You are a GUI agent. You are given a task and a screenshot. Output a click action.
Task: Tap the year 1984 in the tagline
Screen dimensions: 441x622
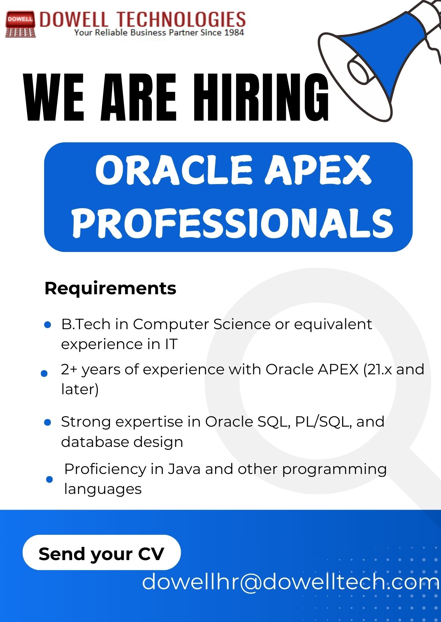tap(234, 33)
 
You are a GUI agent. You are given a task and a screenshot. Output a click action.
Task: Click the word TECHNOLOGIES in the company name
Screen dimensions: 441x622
tap(181, 19)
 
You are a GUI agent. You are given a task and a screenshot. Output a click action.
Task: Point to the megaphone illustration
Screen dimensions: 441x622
tap(381, 60)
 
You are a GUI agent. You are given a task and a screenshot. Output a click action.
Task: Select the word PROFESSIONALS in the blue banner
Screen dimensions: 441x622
tap(233, 223)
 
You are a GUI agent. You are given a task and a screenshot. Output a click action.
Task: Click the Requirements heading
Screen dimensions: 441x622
tap(110, 288)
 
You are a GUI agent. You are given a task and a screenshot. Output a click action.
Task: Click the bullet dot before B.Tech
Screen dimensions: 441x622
tap(48, 325)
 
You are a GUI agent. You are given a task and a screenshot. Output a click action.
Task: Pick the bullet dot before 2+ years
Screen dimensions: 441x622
tap(44, 373)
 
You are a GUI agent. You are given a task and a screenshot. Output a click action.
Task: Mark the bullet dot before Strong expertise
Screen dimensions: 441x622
tap(47, 422)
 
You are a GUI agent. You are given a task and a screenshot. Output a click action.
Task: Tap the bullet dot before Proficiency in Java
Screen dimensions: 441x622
tap(49, 479)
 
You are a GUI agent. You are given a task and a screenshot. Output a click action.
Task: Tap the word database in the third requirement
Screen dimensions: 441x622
tap(95, 442)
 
